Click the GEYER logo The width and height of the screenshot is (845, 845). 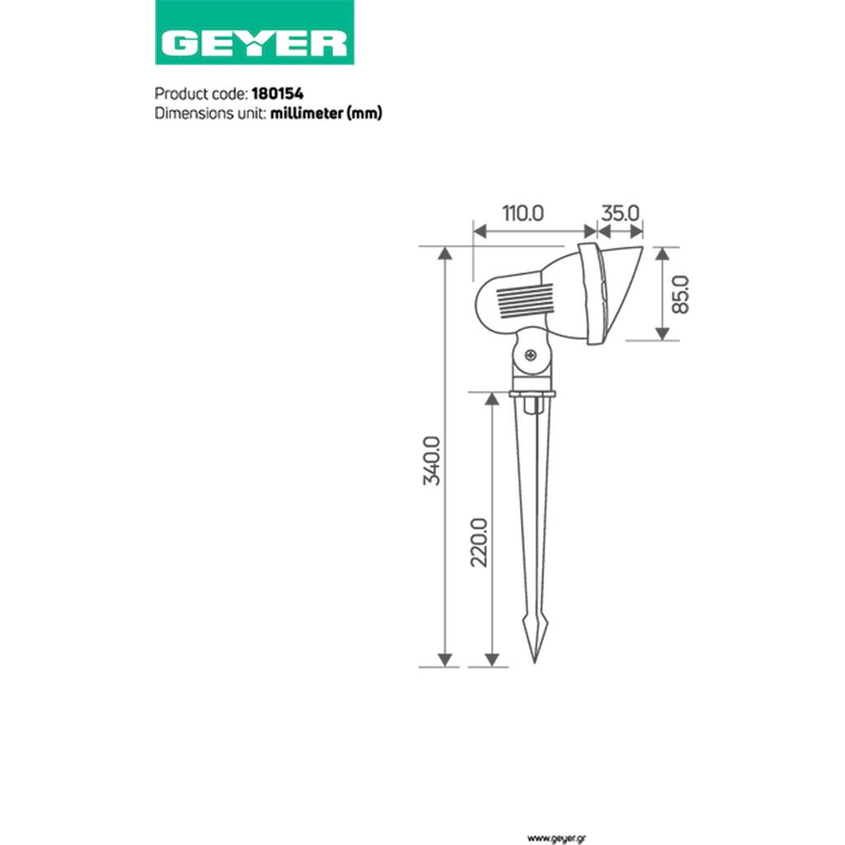pos(254,32)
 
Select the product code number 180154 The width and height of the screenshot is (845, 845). pos(277,94)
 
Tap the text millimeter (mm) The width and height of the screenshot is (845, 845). pos(326,113)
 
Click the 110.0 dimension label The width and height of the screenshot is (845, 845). pos(523,214)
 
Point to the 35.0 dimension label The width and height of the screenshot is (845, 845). pos(620,214)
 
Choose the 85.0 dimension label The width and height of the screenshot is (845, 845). pos(681,294)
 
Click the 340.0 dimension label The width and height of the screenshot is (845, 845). pos(432,461)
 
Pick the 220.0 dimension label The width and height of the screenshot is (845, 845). pos(479,542)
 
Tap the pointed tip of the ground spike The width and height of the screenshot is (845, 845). pos(535,662)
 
